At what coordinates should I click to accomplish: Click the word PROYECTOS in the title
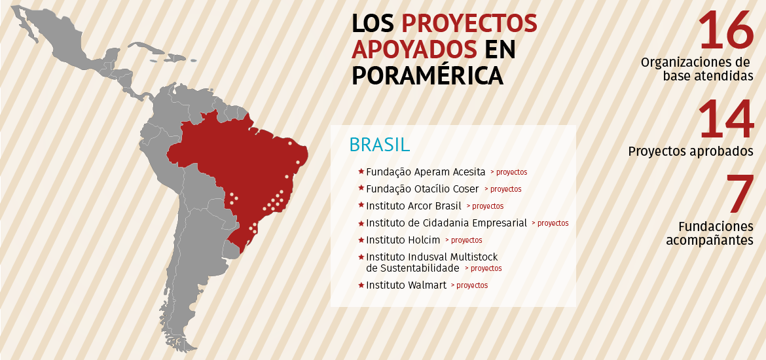point(469,24)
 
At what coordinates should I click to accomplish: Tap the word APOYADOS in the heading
point(414,49)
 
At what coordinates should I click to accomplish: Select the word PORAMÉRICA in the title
point(428,75)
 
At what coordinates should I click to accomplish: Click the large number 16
point(726,30)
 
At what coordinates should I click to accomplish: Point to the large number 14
point(726,119)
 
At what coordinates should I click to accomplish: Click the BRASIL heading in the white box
point(380,144)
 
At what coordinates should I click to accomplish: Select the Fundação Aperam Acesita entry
point(426,172)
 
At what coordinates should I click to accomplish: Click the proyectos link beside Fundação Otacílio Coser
point(506,189)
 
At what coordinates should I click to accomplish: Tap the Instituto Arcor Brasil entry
point(414,206)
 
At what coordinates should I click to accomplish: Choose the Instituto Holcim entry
point(403,240)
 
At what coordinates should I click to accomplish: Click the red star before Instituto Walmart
point(361,285)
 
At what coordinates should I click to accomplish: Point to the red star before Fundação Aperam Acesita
point(361,171)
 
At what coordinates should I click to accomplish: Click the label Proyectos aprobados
point(691,151)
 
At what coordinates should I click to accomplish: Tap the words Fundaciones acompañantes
point(710,234)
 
